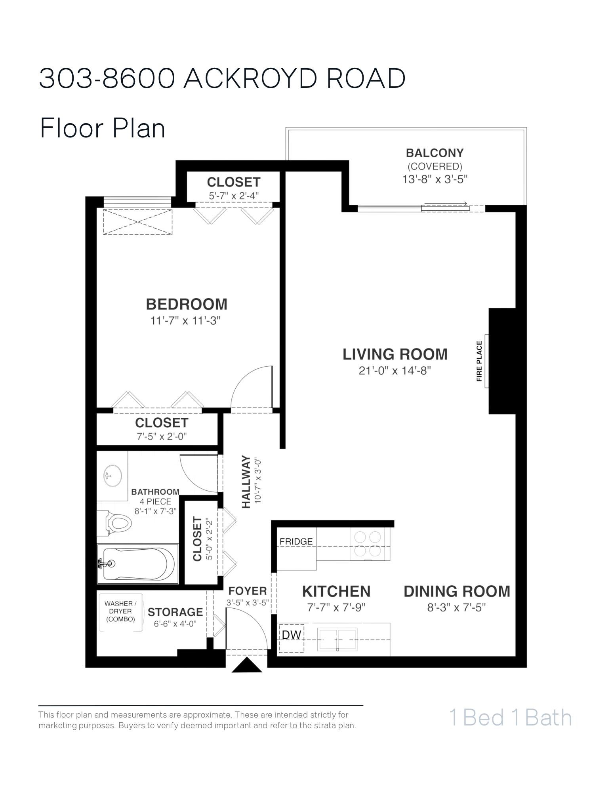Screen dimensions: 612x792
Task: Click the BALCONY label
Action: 435,153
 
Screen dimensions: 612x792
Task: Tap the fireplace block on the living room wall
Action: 502,361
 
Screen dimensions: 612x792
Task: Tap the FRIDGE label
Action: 296,541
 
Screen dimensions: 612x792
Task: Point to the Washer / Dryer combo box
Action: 120,612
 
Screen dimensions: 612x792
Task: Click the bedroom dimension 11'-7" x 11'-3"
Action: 185,320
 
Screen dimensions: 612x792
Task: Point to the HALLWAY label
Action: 246,482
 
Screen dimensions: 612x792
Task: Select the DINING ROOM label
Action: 457,591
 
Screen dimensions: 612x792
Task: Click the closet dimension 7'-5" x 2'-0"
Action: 161,436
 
